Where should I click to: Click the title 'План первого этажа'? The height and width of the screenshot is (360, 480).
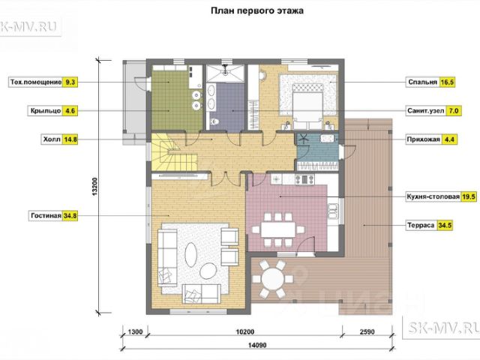[257, 10]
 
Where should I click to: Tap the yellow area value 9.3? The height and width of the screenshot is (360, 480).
[70, 82]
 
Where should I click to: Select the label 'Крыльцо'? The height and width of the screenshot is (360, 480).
[46, 110]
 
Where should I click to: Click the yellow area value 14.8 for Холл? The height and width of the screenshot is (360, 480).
[70, 139]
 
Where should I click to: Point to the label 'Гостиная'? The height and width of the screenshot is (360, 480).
[46, 215]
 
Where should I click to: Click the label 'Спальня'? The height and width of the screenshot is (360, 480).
[422, 82]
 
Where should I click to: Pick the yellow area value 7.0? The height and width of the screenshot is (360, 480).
[453, 110]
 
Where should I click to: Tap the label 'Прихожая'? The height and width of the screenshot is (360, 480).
[423, 139]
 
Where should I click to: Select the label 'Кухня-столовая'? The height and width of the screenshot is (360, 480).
[433, 196]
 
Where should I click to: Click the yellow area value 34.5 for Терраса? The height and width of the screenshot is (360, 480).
[445, 225]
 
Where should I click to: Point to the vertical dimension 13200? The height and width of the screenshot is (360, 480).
[94, 187]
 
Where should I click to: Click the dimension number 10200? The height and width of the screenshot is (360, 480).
[245, 331]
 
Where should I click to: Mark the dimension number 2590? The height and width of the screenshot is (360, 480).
[367, 331]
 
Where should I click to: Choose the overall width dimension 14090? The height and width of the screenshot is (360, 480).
[257, 345]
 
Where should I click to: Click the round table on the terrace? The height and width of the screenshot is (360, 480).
[273, 278]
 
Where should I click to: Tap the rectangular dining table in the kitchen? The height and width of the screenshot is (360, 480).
[278, 229]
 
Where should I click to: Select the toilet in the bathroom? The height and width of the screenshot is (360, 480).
[214, 121]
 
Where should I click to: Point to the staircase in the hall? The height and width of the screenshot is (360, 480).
[174, 151]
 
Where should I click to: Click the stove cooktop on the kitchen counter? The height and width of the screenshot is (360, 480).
[304, 179]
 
